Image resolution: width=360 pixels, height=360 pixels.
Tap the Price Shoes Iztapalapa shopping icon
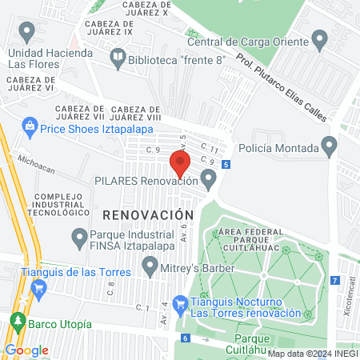point(30,126)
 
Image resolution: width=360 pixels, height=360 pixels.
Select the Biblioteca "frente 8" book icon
point(118,57)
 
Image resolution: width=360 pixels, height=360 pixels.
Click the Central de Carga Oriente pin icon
point(320,39)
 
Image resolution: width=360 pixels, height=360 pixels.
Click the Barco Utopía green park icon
point(17,324)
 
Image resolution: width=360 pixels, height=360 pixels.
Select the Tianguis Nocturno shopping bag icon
point(180,303)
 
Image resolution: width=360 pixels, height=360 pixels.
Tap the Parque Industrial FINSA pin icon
point(79,237)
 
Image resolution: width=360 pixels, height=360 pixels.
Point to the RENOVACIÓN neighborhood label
point(148,215)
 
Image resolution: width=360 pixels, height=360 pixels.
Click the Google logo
point(26,350)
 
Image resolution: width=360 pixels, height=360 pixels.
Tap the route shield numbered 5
point(227,165)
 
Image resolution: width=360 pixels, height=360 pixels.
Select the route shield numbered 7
point(334,280)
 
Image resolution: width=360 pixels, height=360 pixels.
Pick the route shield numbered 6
point(186,338)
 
